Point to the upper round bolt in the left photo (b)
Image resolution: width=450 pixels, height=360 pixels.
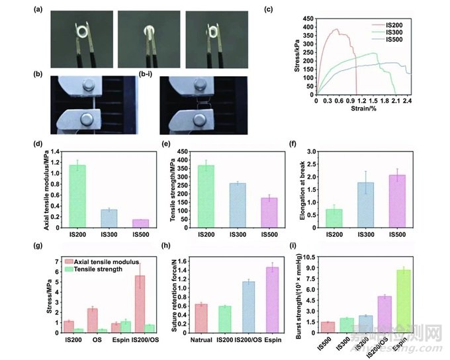click(x=89, y=85)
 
